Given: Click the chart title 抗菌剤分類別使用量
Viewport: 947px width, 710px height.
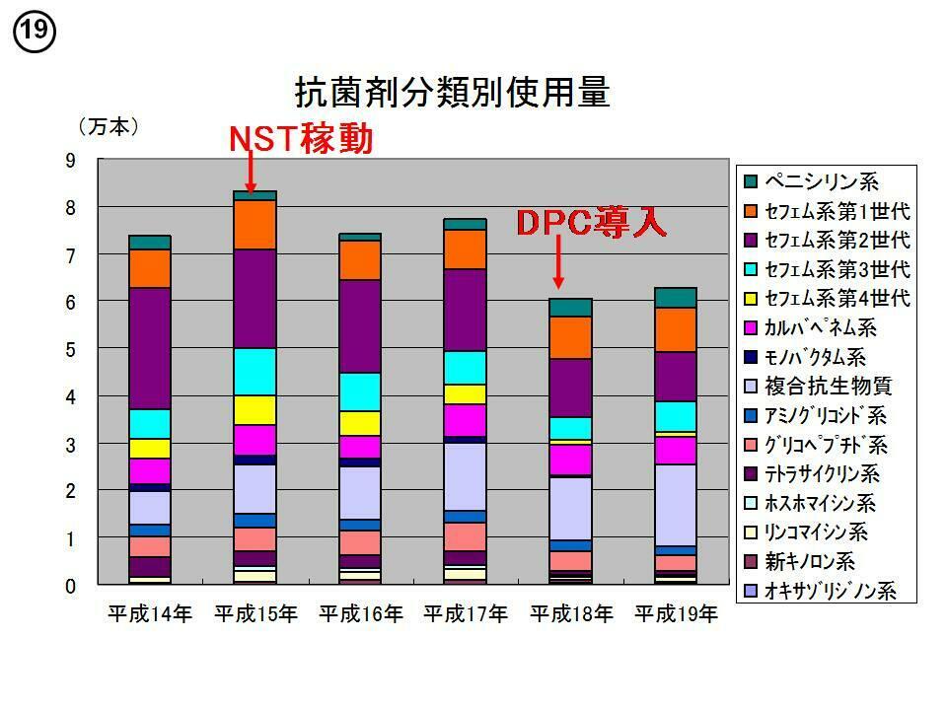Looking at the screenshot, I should point(453,92).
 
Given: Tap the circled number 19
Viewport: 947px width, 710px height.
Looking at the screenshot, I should point(34,32).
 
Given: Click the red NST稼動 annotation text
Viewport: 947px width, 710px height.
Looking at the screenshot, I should point(301,140).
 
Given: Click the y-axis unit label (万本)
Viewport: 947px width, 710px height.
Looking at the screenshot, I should point(108,127).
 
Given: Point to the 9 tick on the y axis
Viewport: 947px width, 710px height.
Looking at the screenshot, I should point(70,161).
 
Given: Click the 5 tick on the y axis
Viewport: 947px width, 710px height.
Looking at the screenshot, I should point(70,350).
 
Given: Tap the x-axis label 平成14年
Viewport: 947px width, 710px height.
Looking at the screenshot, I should point(150,614).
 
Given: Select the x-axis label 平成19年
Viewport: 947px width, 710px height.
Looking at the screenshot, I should point(676,614).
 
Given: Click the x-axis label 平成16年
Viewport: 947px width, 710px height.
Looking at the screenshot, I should point(361,614).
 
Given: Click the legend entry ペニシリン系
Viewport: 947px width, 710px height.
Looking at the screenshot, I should point(822,181).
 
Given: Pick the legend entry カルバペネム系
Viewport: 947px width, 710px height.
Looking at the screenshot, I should point(822,327).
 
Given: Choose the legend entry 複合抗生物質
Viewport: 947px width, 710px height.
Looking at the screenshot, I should point(828,387).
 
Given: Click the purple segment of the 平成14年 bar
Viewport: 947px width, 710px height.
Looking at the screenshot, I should point(150,348).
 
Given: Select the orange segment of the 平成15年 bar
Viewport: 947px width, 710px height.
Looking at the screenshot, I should point(255,225).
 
